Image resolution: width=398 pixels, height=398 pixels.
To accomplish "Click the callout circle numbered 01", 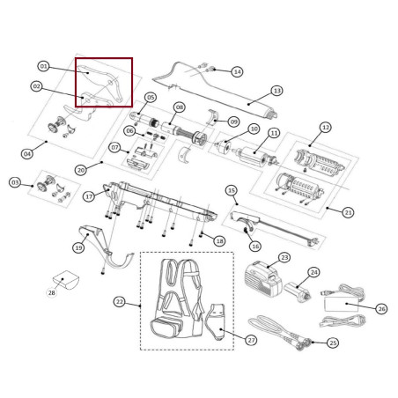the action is pyautogui.click(x=43, y=66).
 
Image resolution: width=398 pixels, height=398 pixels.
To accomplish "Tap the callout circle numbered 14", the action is pyautogui.click(x=237, y=71).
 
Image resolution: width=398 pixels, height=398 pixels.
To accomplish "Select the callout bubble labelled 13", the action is pyautogui.click(x=277, y=91).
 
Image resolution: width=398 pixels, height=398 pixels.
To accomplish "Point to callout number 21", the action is pyautogui.click(x=348, y=212).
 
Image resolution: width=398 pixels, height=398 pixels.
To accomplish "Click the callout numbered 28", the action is pyautogui.click(x=52, y=292).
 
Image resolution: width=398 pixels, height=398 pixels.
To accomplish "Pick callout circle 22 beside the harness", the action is pyautogui.click(x=120, y=302).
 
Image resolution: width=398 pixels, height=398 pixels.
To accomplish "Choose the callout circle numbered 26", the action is pyautogui.click(x=381, y=309).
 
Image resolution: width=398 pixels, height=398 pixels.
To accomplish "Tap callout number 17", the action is pyautogui.click(x=89, y=196).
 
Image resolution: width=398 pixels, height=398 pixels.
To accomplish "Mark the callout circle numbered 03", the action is pyautogui.click(x=15, y=182).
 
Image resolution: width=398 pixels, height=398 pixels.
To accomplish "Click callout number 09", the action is pyautogui.click(x=233, y=122).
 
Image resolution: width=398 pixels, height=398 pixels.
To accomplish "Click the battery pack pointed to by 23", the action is pyautogui.click(x=262, y=278).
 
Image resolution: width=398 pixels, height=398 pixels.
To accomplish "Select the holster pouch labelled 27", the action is pyautogui.click(x=216, y=321).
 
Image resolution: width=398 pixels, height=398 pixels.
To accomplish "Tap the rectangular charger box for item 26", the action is pyautogui.click(x=342, y=304).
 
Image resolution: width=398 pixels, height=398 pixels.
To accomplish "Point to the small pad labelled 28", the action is pyautogui.click(x=66, y=280).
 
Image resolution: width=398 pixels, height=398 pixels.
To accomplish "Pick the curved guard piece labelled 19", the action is pyautogui.click(x=104, y=247).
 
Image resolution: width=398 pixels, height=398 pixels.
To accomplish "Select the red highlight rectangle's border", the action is pyautogui.click(x=104, y=58).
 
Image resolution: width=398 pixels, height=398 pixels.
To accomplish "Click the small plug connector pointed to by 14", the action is pyautogui.click(x=210, y=70).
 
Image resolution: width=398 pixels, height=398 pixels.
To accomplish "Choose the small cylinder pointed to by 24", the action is pyautogui.click(x=298, y=291).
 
